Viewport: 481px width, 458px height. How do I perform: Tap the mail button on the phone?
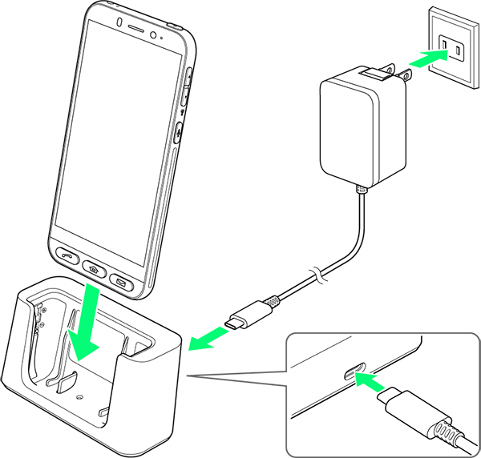pos(121,281)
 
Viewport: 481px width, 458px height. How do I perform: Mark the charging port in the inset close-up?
pos(355,373)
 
